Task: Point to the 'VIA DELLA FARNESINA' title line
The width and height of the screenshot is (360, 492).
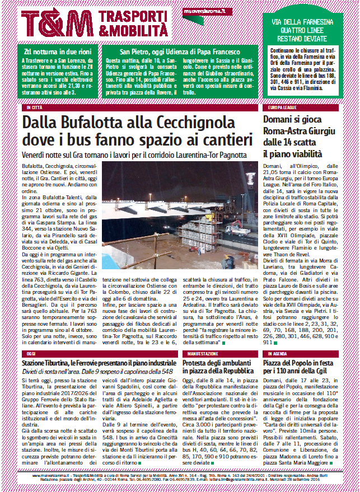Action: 303,22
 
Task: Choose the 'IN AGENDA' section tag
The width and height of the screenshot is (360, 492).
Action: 278,354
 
